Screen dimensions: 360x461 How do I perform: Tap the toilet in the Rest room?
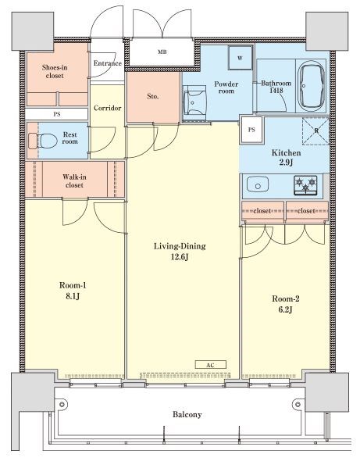pyautogui.click(x=43, y=141)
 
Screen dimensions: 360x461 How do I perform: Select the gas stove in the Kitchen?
pyautogui.click(x=305, y=185)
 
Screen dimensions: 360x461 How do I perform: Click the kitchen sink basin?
pyautogui.click(x=258, y=184)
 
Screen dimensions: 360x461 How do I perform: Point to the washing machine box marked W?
pyautogui.click(x=240, y=58)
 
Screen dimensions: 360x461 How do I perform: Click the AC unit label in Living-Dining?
pyautogui.click(x=210, y=365)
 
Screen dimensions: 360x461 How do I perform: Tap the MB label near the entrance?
pyautogui.click(x=162, y=52)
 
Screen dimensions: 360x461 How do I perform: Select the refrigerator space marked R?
pyautogui.click(x=316, y=131)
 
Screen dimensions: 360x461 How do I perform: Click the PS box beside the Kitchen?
pyautogui.click(x=251, y=130)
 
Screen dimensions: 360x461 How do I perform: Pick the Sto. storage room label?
pyautogui.click(x=153, y=96)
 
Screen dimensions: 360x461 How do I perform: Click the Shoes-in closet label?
pyautogui.click(x=55, y=71)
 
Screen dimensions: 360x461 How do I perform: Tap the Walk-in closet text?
pyautogui.click(x=74, y=181)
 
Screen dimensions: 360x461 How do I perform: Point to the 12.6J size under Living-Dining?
pyautogui.click(x=180, y=257)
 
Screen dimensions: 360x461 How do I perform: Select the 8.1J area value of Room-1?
pyautogui.click(x=73, y=296)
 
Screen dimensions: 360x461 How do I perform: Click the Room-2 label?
pyautogui.click(x=286, y=299)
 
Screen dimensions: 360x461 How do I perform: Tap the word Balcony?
pyautogui.click(x=187, y=415)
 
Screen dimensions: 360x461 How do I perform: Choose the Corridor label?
pyautogui.click(x=108, y=108)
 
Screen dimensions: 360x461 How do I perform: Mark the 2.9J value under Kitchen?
pyautogui.click(x=286, y=163)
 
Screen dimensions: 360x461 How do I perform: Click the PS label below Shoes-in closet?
pyautogui.click(x=57, y=114)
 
